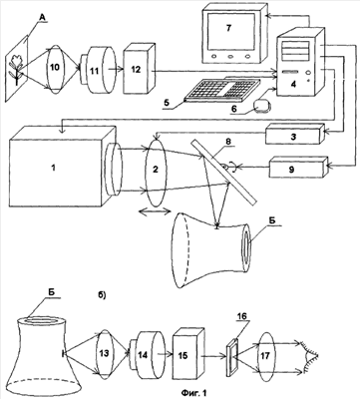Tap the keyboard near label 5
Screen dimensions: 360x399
(x=222, y=89)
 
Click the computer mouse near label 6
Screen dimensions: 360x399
(x=262, y=107)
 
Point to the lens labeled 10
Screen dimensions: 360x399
(x=55, y=67)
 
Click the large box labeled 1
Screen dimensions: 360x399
(x=62, y=166)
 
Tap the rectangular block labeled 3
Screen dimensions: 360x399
(x=294, y=134)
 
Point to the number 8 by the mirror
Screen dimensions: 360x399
(x=228, y=141)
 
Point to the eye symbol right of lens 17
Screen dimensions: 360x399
(x=310, y=357)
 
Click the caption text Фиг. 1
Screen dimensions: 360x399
(x=194, y=393)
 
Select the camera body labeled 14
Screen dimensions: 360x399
(x=148, y=355)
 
